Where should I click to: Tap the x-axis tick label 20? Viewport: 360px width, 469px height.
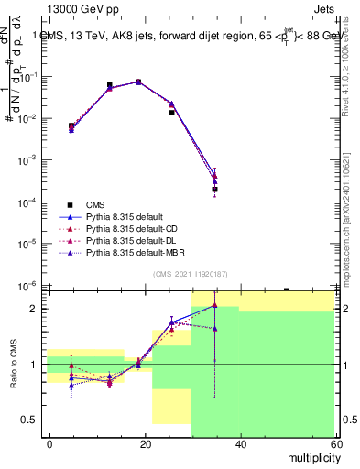point(145,443)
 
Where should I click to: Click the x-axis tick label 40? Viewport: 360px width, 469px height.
point(240,443)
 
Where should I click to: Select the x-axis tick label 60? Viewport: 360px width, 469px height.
point(334,443)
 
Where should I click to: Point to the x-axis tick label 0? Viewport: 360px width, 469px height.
point(50,443)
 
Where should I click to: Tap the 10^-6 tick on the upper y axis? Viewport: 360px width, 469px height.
point(27,285)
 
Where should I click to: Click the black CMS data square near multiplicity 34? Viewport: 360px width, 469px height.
point(214,190)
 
